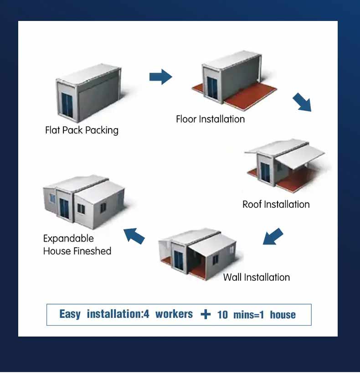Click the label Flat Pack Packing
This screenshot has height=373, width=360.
82,130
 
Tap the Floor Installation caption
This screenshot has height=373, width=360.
210,119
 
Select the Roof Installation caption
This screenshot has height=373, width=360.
276,204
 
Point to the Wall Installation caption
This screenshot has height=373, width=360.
256,277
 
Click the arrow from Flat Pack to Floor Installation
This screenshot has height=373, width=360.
161,77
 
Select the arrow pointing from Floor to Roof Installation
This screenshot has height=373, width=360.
302,102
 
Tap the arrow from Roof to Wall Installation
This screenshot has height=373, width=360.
273,236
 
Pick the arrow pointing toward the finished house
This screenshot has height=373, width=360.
134,236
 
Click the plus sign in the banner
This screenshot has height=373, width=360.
206,315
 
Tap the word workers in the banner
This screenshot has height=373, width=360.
174,314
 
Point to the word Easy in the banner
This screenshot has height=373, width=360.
70,315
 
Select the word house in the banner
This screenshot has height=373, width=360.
283,315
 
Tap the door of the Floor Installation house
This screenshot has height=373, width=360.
212,88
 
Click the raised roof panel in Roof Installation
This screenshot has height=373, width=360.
301,157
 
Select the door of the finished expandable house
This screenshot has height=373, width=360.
64,208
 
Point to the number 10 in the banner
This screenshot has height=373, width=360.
222,315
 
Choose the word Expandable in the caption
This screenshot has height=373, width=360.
68,238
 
